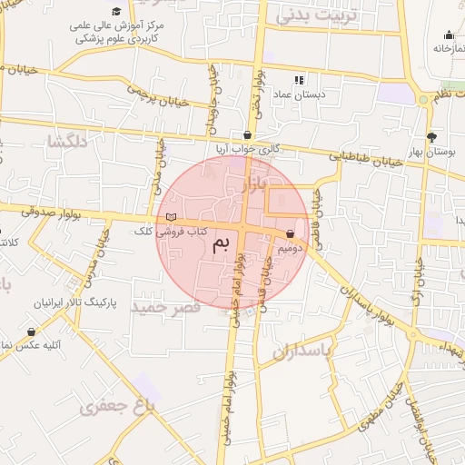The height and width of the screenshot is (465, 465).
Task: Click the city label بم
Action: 222,245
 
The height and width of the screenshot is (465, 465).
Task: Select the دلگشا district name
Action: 69,141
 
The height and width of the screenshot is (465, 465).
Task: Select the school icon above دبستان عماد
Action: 300,80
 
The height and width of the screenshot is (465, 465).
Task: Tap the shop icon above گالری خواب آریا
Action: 247,134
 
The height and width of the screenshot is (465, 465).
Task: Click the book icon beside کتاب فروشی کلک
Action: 172,216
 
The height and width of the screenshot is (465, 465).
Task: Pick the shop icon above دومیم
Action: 290,233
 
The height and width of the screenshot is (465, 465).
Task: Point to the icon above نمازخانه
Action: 449,35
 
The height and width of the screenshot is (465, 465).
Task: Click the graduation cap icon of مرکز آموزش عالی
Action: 115,11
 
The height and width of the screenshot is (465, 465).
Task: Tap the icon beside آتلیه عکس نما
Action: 33,332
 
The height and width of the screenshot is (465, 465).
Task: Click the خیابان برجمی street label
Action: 157,96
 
